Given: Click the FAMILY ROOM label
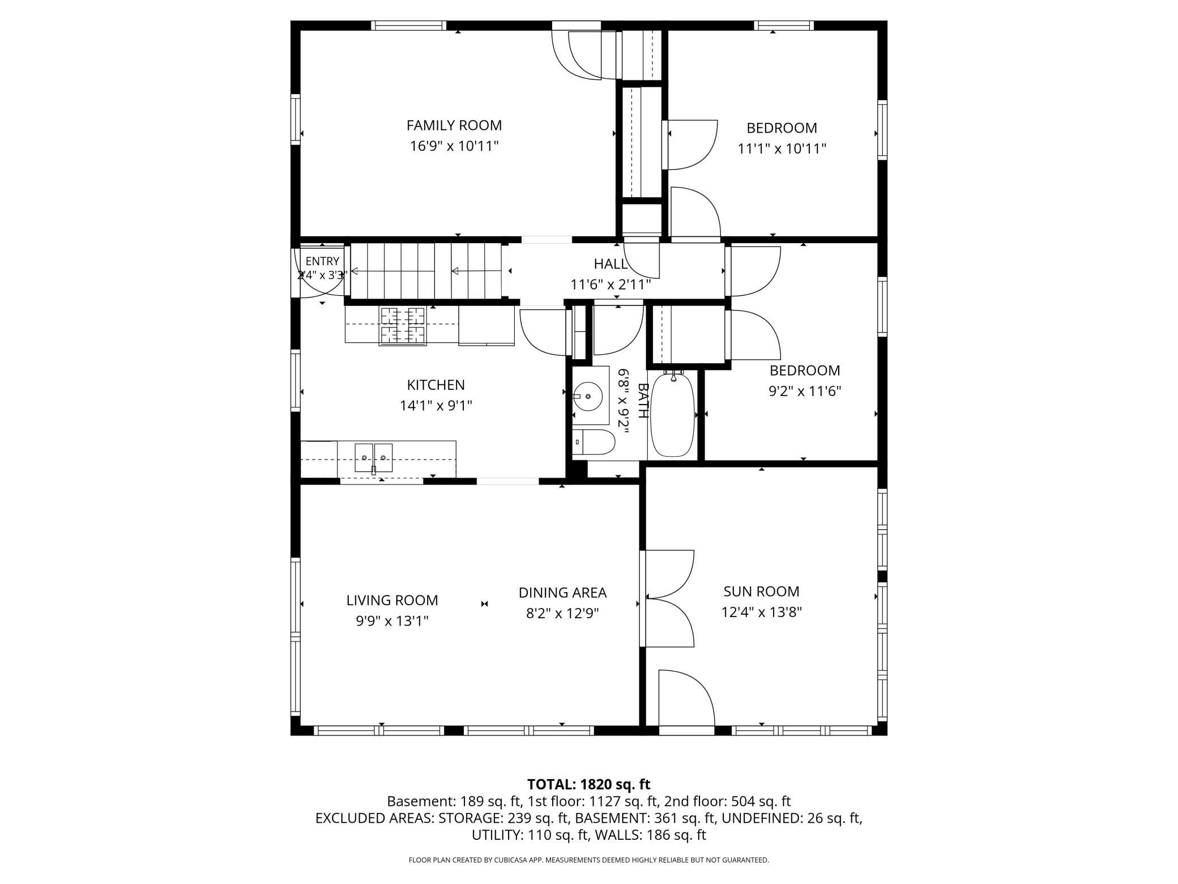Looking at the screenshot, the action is tap(454, 125).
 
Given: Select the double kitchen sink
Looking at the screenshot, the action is tap(373, 458).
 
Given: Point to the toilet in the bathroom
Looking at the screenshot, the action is tap(593, 442).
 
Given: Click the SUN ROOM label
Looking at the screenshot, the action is tap(761, 592).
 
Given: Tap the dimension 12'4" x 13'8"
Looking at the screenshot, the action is tap(761, 613).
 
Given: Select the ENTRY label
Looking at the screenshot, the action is tap(322, 261).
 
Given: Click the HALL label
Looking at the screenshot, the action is tap(611, 263).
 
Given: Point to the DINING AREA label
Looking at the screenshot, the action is tap(562, 593).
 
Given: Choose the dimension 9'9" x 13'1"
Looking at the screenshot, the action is tap(392, 621).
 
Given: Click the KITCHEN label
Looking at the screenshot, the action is tap(436, 385).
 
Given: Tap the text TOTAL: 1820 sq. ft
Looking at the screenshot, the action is tap(589, 784).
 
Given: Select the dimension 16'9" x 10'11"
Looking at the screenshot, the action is tap(454, 146).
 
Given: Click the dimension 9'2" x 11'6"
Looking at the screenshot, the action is tap(804, 391).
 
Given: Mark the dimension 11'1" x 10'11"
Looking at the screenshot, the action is tap(782, 148).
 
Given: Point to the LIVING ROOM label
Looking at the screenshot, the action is tap(392, 600).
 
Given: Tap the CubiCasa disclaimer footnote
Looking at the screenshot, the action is tap(589, 860).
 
